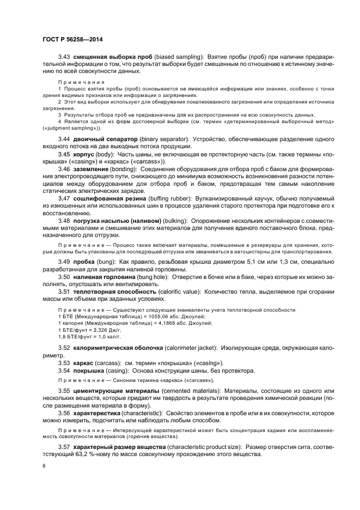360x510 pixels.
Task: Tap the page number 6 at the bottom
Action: point(44,466)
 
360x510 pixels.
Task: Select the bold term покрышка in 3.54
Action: point(89,371)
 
